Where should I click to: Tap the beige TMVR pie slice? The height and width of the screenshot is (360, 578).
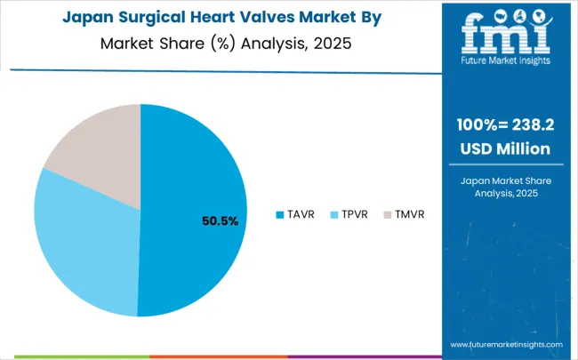pyautogui.click(x=98, y=151)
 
